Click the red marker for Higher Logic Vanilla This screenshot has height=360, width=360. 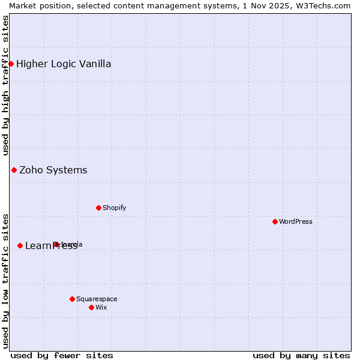point(11,64)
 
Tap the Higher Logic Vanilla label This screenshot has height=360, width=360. point(64,64)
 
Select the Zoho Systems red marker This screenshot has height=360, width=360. point(14,170)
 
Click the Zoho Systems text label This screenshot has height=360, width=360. point(53,170)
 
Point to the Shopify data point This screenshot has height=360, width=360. point(98,208)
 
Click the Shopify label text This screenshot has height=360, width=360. point(114,208)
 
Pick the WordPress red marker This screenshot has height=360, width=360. point(275,221)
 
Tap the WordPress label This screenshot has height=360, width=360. point(295,221)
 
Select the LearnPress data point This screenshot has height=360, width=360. point(20,245)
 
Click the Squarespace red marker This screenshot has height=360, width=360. point(72,299)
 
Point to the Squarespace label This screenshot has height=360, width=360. point(97,299)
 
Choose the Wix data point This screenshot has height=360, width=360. point(91,307)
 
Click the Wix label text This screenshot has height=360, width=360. point(101,307)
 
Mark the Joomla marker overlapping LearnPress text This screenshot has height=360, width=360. point(56,244)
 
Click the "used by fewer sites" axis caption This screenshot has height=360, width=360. point(62,355)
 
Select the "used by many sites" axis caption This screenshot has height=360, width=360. point(301,355)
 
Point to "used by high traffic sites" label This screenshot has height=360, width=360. point(5,85)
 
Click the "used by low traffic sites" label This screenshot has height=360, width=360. point(5,280)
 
